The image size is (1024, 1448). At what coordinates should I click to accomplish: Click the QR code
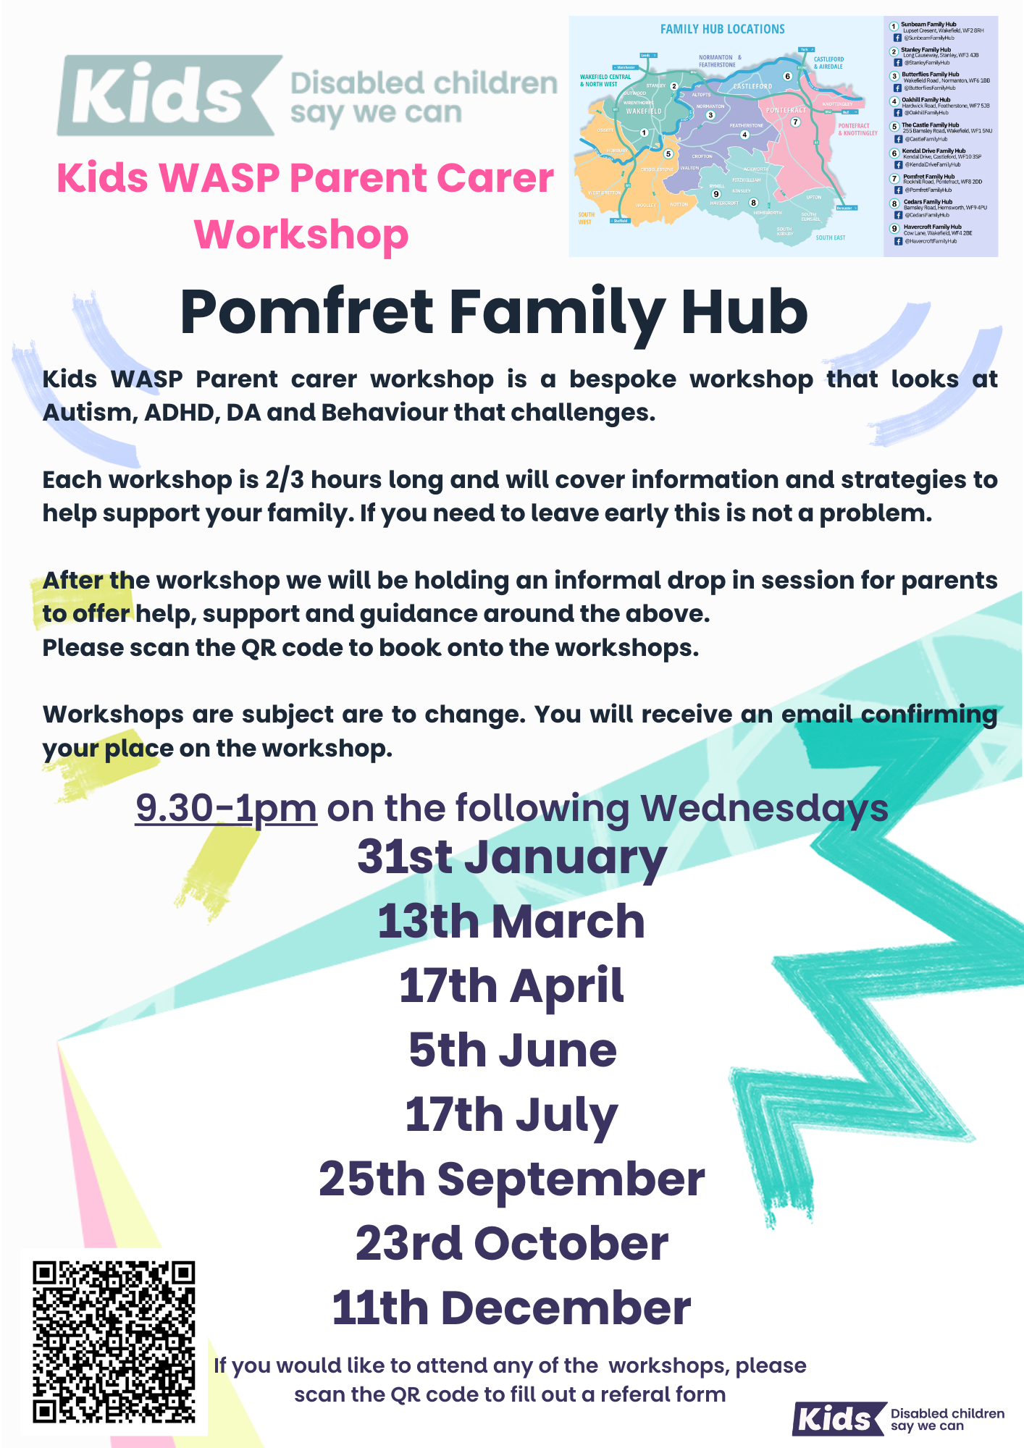click(x=114, y=1342)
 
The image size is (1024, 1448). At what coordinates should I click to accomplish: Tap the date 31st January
click(x=511, y=858)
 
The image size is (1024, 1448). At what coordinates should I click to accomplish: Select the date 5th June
click(x=512, y=1051)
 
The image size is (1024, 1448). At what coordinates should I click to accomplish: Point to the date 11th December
click(x=511, y=1308)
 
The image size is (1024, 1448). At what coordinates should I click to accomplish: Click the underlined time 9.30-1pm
click(x=226, y=808)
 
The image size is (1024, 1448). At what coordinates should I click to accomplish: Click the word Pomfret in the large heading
click(x=306, y=312)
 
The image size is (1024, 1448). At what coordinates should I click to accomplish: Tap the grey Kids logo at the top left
click(x=167, y=96)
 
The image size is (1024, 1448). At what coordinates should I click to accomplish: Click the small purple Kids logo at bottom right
click(x=839, y=1418)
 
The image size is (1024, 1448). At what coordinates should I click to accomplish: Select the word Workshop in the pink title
click(x=301, y=235)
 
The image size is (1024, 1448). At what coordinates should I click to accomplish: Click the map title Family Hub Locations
click(x=722, y=30)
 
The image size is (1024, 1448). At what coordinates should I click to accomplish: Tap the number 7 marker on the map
click(x=795, y=122)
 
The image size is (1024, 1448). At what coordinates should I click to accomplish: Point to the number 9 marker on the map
click(x=716, y=194)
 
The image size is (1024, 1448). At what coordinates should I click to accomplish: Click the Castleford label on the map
click(x=752, y=86)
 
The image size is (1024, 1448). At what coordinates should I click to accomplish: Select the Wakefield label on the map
click(x=643, y=111)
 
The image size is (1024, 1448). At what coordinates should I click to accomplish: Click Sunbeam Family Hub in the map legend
click(x=928, y=25)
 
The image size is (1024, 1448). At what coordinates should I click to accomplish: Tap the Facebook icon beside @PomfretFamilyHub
click(x=898, y=190)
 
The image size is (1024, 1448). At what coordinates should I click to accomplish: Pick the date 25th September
click(x=511, y=1179)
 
